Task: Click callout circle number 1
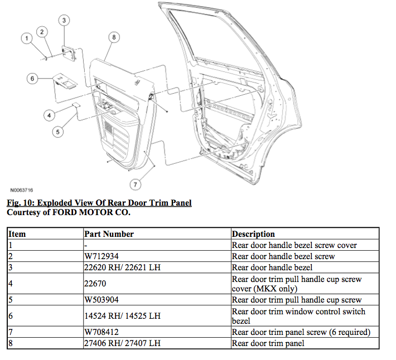[x=26, y=38]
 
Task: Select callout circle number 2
[x=42, y=32]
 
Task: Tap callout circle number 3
[x=64, y=21]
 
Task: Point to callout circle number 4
[x=49, y=115]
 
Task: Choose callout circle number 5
[x=58, y=132]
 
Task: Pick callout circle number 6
[x=33, y=79]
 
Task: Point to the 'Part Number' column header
[x=109, y=234]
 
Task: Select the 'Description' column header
[x=253, y=234]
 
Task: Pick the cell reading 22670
[x=95, y=284]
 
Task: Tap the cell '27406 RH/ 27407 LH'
[x=122, y=343]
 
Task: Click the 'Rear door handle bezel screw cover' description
[x=294, y=245]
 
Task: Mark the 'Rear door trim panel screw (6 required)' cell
[x=301, y=332]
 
